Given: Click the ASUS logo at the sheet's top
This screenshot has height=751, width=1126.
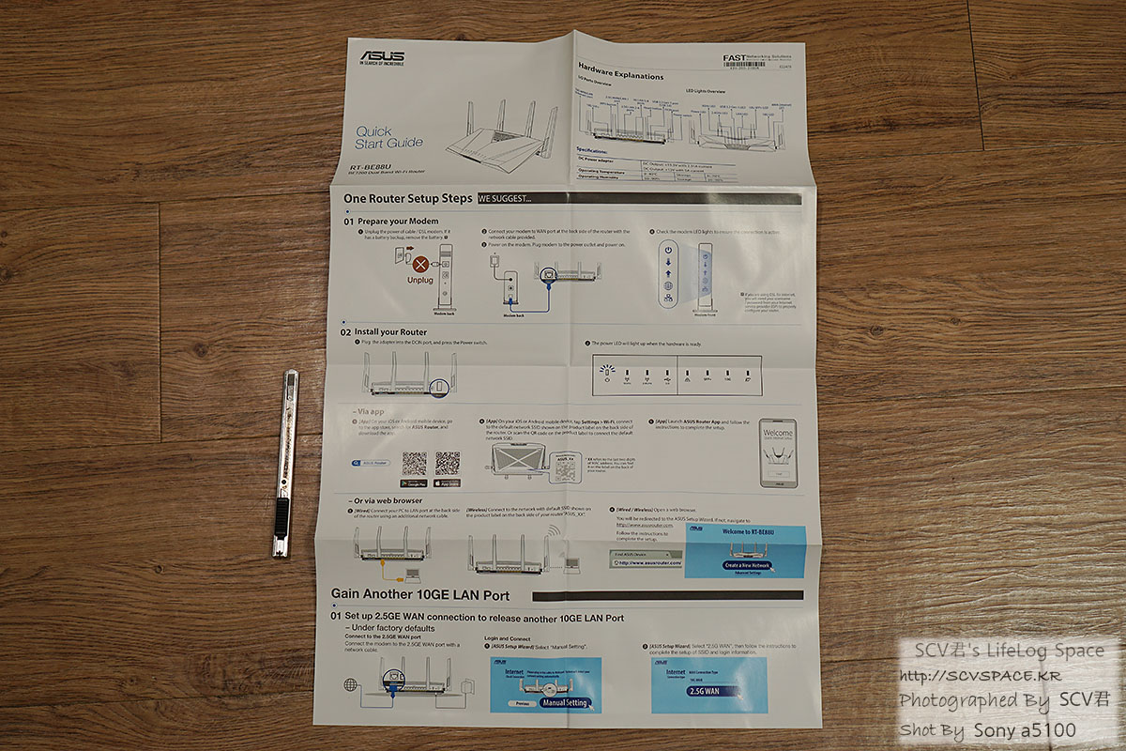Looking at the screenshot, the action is coord(382,57).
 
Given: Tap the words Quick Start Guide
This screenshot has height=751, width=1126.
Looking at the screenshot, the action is coord(389,137).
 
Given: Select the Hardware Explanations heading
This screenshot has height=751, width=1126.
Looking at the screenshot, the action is coord(620,73).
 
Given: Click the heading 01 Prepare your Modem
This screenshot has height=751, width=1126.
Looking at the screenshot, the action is coord(391,221).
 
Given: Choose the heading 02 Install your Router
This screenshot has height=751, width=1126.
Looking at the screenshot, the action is coord(384,332).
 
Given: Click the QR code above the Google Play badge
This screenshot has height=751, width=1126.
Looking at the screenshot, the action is coord(414,463).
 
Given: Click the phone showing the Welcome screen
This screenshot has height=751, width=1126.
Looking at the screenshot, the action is coord(777,452).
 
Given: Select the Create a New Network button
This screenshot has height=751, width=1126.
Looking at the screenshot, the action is coord(746,566).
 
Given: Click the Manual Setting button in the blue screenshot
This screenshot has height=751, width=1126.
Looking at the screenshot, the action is coord(565,701).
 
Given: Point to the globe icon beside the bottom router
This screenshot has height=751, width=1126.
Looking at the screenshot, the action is coord(350,684).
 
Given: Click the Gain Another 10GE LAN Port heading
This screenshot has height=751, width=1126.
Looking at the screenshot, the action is coord(420,595).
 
